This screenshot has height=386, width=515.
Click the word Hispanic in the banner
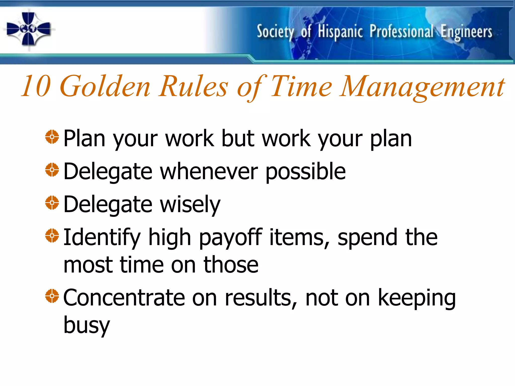pos(340,32)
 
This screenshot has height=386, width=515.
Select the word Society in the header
pos(275,32)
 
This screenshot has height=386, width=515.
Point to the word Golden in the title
pos(105,86)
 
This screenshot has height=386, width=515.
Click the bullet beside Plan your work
pos(52,137)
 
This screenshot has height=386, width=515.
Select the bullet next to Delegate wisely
pos(52,203)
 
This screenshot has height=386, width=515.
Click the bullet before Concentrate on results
pos(52,296)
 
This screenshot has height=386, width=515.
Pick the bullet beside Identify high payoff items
pos(52,235)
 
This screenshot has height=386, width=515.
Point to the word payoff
pos(231,238)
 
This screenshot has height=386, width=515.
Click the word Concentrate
pos(124,298)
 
